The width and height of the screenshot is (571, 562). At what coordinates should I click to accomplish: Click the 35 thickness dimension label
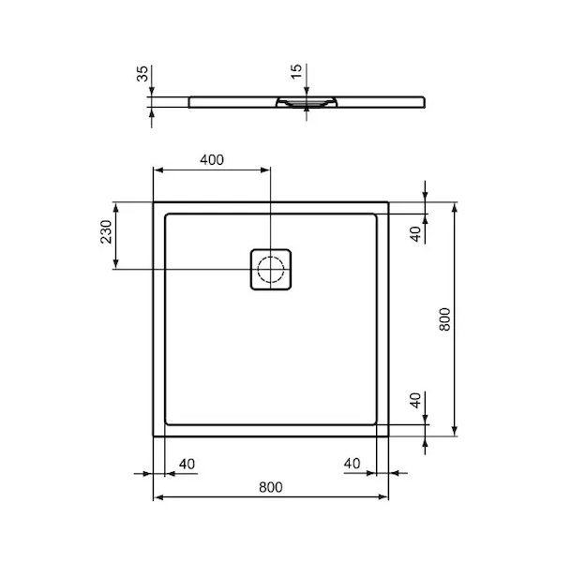143,73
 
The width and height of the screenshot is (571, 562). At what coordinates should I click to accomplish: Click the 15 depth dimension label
296,71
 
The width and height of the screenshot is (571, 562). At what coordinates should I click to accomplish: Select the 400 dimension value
212,159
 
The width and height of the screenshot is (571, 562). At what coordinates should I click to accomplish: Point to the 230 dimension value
106,231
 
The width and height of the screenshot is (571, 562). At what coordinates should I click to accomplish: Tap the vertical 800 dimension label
444,319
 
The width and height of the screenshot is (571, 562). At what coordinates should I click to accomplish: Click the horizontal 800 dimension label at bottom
271,487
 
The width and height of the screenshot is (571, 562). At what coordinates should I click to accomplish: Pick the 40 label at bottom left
187,464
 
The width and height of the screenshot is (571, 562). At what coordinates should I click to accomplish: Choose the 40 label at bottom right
353,464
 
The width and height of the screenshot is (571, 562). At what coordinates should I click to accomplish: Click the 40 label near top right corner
415,233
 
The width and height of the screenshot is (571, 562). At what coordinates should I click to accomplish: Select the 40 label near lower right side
415,400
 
